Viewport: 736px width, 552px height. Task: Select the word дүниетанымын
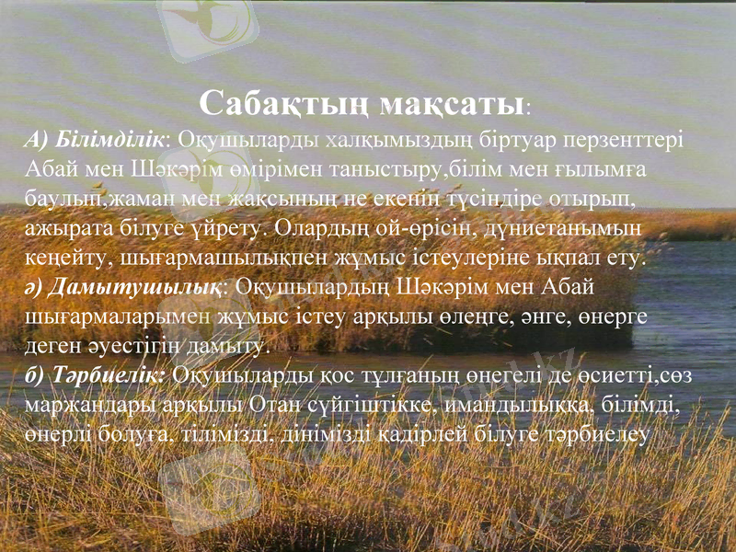[553, 226]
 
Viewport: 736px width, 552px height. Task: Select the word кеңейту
[62, 256]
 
